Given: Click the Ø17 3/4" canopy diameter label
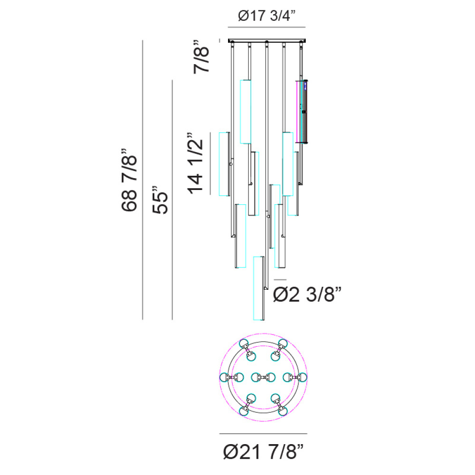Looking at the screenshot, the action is (x=266, y=16).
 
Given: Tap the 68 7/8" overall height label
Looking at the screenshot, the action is (x=130, y=180).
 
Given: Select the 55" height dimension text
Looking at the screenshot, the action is (x=160, y=200).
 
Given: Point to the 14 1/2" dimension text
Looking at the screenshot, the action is (x=195, y=163).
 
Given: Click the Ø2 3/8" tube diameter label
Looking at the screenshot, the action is (x=307, y=294).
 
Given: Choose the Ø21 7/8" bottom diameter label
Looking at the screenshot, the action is (x=263, y=452).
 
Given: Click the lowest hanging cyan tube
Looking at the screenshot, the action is (x=259, y=288).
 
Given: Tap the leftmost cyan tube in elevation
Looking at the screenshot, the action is (x=224, y=164).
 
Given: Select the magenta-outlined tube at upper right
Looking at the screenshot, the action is (x=302, y=112).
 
